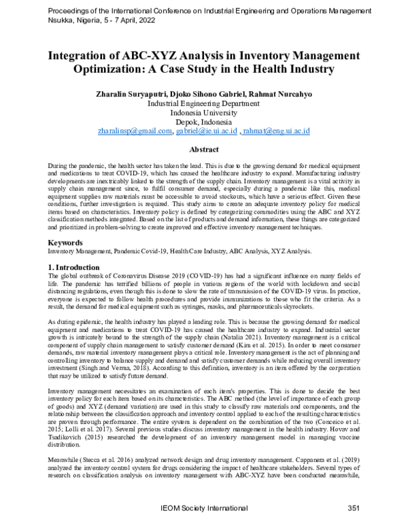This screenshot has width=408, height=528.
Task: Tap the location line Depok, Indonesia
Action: point(204,121)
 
